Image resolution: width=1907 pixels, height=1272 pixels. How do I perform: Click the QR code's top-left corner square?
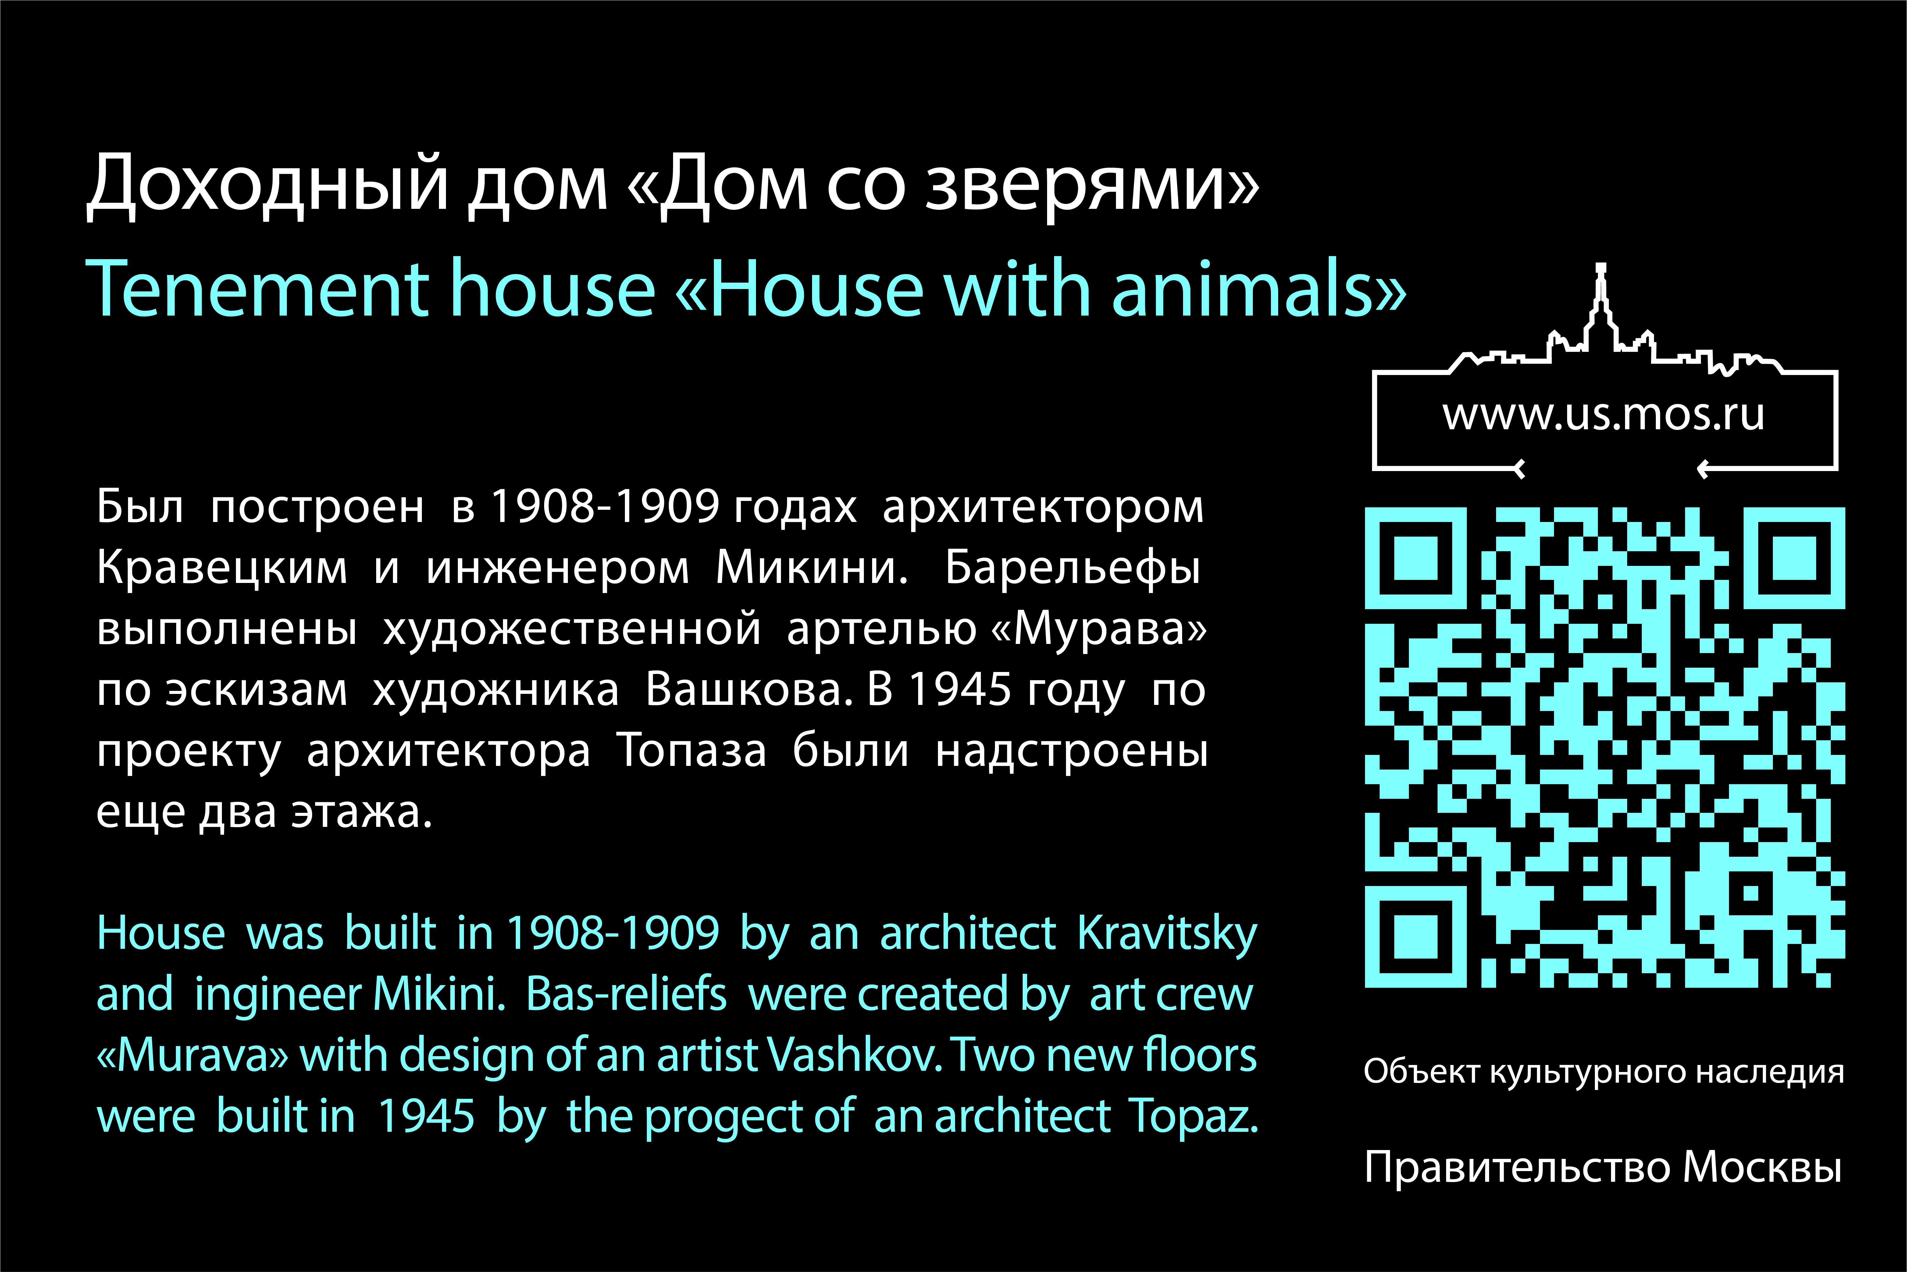tap(1415, 558)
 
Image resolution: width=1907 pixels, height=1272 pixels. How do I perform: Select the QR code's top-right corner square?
tap(1794, 558)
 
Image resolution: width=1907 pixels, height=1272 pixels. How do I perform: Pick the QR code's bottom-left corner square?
tap(1415, 937)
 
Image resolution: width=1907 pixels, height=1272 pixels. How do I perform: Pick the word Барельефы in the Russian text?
tap(1072, 568)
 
